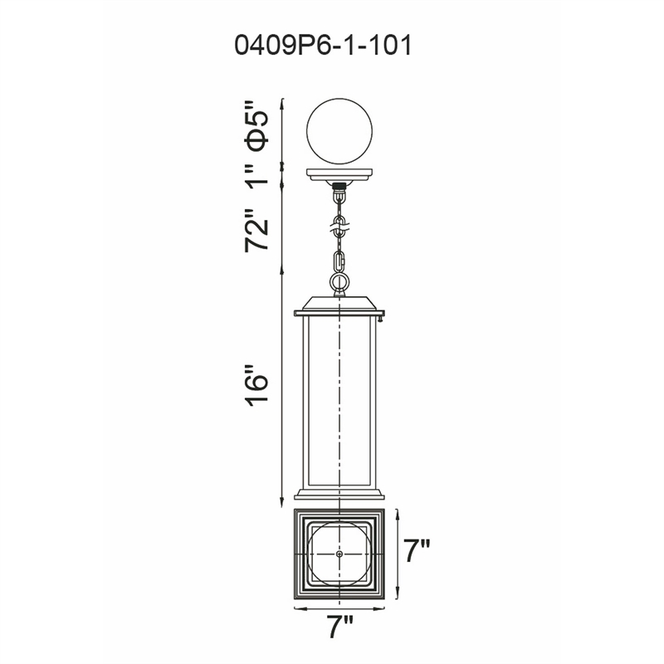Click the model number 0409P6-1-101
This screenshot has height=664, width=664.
point(323,46)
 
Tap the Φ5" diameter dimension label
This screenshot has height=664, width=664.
point(257,126)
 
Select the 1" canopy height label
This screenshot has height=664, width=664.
point(257,173)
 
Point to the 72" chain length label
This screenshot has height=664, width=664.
point(257,230)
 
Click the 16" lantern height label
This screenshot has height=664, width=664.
point(257,385)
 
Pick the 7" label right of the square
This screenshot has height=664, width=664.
point(417,550)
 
